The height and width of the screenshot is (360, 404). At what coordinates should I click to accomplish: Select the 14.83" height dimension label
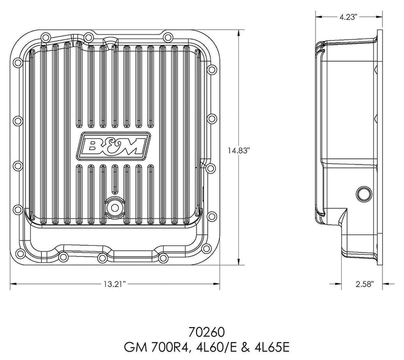pos(238,151)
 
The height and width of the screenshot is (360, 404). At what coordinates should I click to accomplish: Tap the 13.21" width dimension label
pos(115,283)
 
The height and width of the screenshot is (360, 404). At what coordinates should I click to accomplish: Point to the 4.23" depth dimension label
pos(350,17)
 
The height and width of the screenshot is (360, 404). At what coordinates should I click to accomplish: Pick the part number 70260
pos(202,327)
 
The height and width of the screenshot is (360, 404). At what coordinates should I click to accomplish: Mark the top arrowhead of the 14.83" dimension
pos(238,32)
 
